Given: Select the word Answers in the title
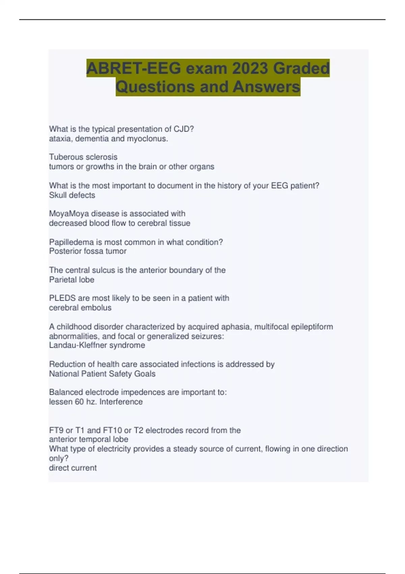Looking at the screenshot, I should click(x=266, y=87).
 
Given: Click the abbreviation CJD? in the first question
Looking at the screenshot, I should click(x=184, y=129).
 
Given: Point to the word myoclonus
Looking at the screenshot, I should click(x=147, y=138).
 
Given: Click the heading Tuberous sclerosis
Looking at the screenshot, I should click(x=83, y=157).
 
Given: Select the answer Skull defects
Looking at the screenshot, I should click(x=72, y=195).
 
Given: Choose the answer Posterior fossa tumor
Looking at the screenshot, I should click(x=88, y=251).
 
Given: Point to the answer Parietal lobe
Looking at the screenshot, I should click(x=72, y=280).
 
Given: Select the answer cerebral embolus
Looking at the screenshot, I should click(x=80, y=308).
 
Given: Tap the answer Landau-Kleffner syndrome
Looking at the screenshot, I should click(x=97, y=345).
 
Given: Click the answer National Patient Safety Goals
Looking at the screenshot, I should click(x=102, y=374).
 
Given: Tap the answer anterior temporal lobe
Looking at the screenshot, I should click(x=88, y=439).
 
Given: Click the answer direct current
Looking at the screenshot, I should click(x=73, y=468).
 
